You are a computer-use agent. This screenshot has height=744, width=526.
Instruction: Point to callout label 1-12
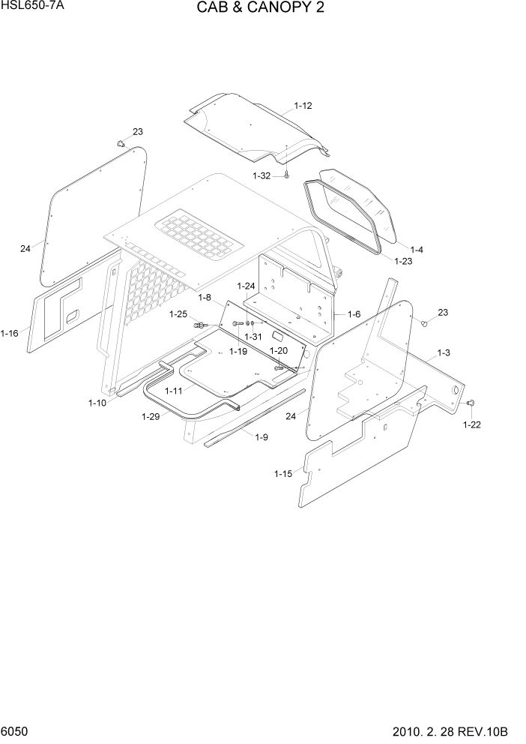(x=303, y=106)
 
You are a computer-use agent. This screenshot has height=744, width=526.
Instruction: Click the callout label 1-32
(x=262, y=175)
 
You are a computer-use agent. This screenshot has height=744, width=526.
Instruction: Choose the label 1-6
(x=354, y=315)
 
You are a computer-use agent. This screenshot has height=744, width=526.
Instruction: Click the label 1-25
(x=178, y=313)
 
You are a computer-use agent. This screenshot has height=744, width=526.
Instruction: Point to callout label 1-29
(x=150, y=417)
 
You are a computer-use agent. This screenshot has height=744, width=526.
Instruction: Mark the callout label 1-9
(x=262, y=437)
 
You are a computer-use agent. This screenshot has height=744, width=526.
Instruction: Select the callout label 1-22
(x=471, y=424)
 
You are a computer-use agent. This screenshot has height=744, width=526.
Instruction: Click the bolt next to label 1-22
(x=471, y=403)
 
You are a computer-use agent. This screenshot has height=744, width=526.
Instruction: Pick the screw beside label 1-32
(x=287, y=175)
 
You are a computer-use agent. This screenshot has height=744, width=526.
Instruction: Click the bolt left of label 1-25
(x=200, y=325)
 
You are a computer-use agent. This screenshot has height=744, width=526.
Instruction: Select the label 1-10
(x=97, y=403)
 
